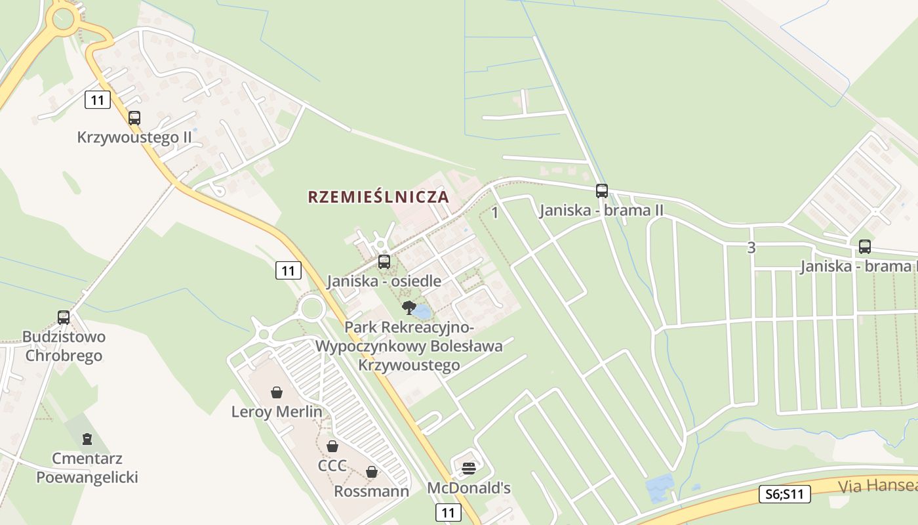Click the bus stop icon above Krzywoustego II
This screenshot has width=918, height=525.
coord(134,118)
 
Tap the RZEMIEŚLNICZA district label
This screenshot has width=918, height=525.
coord(378,197)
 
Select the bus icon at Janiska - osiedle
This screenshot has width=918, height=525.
coord(384,262)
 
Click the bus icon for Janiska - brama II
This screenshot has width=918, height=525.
coord(602,191)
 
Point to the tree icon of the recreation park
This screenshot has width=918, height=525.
coord(409,307)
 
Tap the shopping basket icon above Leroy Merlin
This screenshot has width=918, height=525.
coord(277,392)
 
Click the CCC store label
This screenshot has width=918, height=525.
coord(332,466)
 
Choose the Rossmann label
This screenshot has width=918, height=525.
coord(371,492)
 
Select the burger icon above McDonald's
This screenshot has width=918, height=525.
coord(468,469)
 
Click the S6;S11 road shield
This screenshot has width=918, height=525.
coord(785,494)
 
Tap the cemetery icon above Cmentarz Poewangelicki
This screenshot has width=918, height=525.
coord(87,439)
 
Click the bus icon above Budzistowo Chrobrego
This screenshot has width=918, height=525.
coord(64,318)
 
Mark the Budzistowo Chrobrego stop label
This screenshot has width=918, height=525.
coord(64,346)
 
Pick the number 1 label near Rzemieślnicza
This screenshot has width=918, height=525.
coord(495,213)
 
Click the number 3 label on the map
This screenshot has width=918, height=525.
coord(751,248)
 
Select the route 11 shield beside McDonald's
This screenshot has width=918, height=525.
coord(448,512)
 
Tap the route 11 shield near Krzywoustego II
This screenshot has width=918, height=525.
coord(98,100)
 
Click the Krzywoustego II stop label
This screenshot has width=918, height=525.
coord(134,138)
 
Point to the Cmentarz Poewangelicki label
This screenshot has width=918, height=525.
coord(87,468)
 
